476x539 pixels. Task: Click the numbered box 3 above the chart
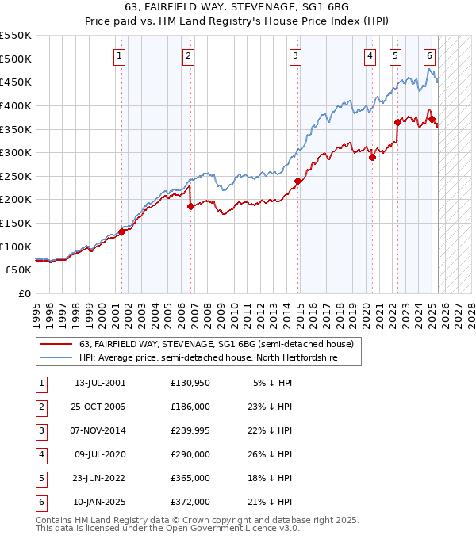(295, 55)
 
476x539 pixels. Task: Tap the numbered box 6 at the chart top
(429, 55)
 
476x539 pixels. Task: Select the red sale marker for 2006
(190, 206)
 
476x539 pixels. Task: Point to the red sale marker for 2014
(297, 181)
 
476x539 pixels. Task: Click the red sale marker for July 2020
(372, 157)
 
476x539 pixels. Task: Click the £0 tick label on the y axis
(24, 293)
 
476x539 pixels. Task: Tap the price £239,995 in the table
(190, 430)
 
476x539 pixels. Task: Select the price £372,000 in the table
(190, 502)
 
